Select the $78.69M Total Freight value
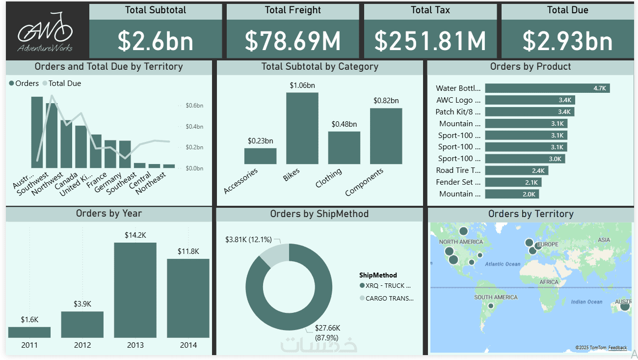pos(292,41)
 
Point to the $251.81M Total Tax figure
pos(430,41)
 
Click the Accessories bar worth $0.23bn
pos(260,156)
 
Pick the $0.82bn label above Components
pos(386,101)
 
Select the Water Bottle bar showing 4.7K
pos(547,88)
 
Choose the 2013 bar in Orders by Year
pos(135,290)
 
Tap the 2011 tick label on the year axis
pos(29,345)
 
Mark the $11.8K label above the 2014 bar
pos(188,251)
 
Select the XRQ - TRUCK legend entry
pos(385,285)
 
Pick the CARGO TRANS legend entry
pos(386,298)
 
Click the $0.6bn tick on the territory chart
pos(194,106)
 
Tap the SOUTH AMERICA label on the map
pos(496,297)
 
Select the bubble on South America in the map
pos(490,306)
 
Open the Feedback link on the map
pos(617,348)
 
